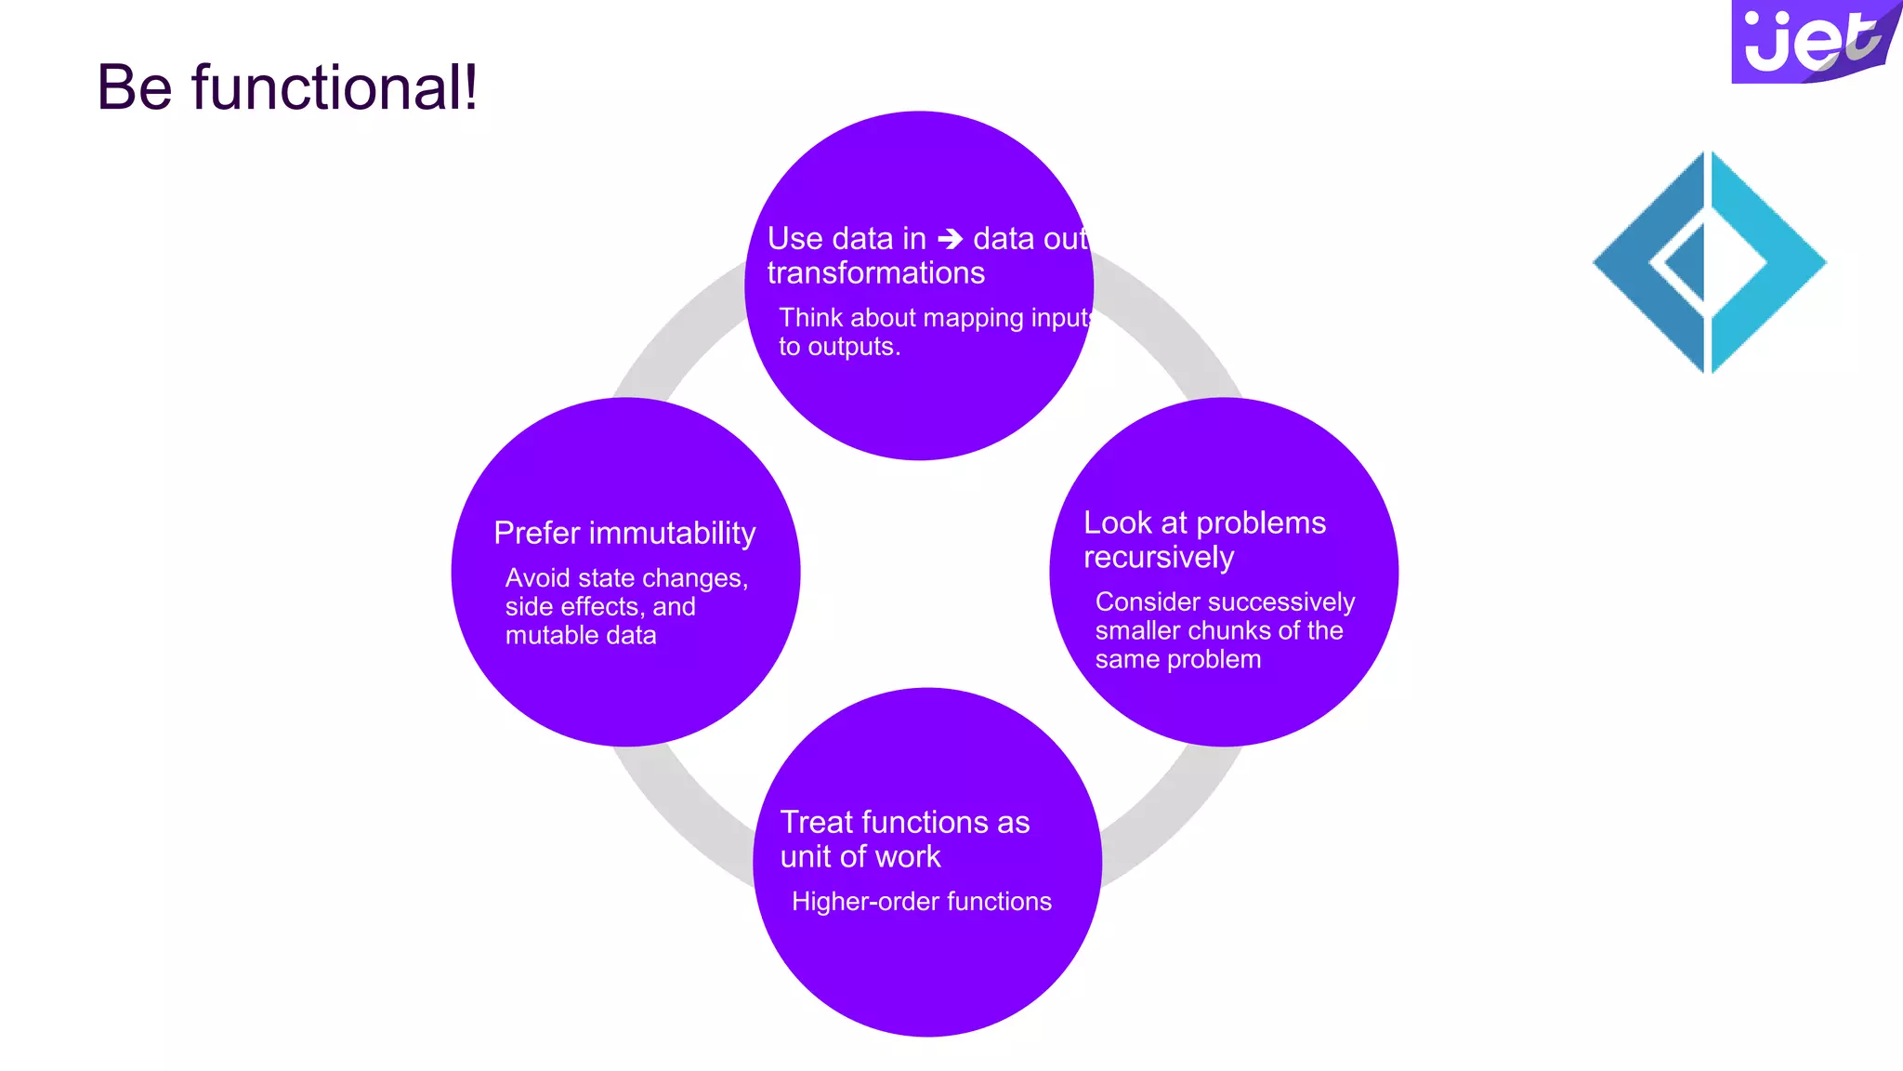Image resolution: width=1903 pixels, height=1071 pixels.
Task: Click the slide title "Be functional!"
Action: (x=287, y=88)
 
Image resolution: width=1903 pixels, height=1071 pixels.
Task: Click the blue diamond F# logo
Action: (x=1709, y=262)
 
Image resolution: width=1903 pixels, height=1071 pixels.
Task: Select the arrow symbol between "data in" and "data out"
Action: (x=950, y=239)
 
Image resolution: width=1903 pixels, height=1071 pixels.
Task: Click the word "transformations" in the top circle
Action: (x=875, y=273)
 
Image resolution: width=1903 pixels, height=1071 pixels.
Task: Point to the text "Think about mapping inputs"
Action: (x=935, y=318)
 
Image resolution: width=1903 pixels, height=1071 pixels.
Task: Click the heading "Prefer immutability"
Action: (x=624, y=533)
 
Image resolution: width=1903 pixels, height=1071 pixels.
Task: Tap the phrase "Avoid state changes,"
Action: (x=626, y=578)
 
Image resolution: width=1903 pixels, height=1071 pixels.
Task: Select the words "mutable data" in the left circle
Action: (x=581, y=636)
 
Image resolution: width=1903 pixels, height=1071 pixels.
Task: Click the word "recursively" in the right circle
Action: (x=1159, y=557)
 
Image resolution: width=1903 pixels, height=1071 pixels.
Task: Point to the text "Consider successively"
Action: (x=1225, y=602)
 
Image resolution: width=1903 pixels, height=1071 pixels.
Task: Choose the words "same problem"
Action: (x=1178, y=660)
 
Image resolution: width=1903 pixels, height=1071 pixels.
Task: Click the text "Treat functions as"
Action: (x=905, y=822)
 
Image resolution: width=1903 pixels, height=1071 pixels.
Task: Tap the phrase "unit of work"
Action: (x=860, y=857)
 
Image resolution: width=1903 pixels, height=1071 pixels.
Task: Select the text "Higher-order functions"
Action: (x=922, y=902)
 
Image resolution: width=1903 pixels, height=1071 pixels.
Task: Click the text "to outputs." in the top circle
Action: (x=839, y=347)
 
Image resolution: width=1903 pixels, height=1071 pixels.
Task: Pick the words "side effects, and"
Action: (x=600, y=607)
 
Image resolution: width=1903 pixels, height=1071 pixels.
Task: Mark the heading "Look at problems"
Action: (x=1204, y=522)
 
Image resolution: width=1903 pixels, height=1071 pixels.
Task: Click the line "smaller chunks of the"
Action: (x=1219, y=631)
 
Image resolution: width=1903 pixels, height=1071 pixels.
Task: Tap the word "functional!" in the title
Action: (x=335, y=88)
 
